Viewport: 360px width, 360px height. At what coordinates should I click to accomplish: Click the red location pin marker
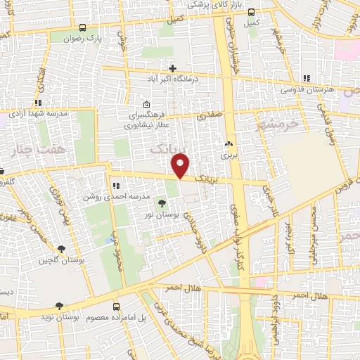tap(181, 165)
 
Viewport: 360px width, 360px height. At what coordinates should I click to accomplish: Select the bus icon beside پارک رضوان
tap(82, 28)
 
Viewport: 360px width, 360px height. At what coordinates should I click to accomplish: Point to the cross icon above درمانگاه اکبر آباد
tap(172, 68)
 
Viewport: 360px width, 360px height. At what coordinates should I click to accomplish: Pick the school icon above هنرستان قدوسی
tap(306, 78)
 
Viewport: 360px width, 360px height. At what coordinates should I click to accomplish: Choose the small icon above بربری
tap(229, 143)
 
